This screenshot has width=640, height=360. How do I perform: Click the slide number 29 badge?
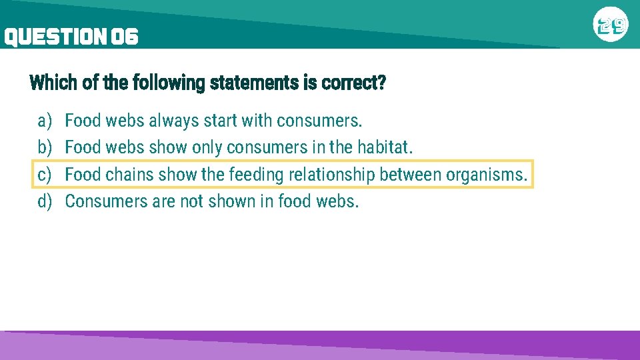coord(611,26)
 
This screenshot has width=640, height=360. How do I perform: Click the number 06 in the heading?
coord(125,37)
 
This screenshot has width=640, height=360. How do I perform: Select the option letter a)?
coord(45,121)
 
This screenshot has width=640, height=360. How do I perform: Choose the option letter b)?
coord(45,147)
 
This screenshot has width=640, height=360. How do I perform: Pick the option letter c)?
coord(45,175)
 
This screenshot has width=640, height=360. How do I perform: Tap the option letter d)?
coord(45,201)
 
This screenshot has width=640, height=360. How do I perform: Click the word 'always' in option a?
coord(173,121)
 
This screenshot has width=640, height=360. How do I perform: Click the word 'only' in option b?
coord(207,148)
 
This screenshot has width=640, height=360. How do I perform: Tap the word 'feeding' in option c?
coord(256,175)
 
